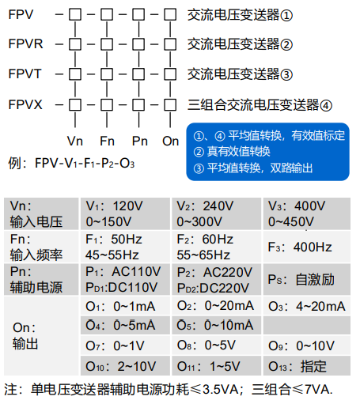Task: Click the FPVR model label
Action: pos(26,44)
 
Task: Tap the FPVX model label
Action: pos(26,104)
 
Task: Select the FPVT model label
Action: pos(25,74)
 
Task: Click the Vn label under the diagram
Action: pos(75,142)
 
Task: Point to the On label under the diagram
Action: pos(171,142)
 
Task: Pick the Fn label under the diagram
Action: pos(108,142)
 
